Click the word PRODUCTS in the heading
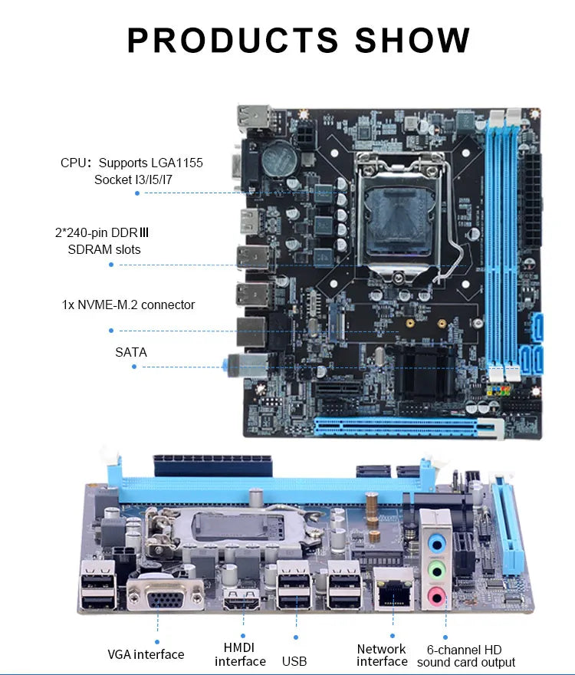(x=233, y=40)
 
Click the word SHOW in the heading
(x=412, y=40)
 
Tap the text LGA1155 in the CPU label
(x=176, y=163)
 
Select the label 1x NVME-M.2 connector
(x=128, y=305)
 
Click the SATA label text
(x=131, y=352)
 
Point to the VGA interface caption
(x=146, y=654)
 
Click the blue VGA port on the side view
(x=166, y=595)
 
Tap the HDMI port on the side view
(x=241, y=600)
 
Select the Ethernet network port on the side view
(x=393, y=590)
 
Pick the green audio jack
(x=436, y=571)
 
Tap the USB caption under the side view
(x=294, y=660)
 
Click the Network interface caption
(x=383, y=655)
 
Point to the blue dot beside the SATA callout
(x=134, y=367)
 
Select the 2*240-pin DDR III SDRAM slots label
(x=103, y=241)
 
